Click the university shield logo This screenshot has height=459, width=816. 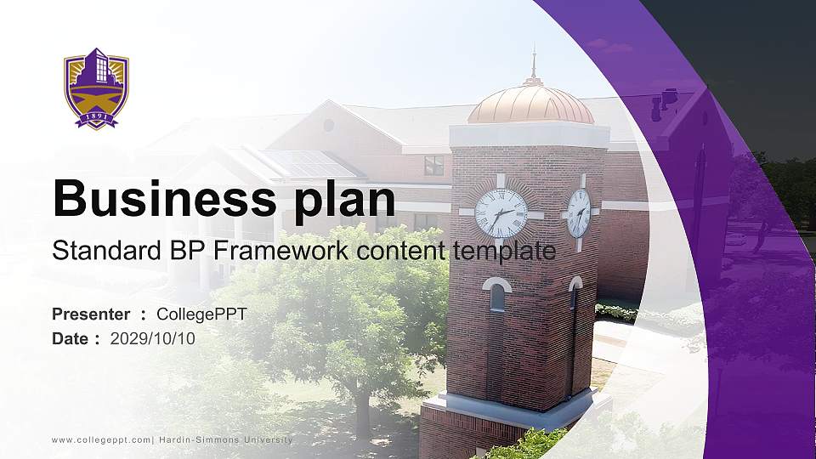coord(96,89)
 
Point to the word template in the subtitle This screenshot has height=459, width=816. coord(504,252)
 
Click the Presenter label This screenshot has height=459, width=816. coord(91,314)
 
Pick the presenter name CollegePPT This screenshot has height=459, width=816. coord(201,314)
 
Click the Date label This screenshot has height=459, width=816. coord(71,338)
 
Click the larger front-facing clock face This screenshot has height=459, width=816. coord(501,213)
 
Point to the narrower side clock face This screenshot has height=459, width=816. coord(579,212)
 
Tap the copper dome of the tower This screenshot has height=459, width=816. coord(530,105)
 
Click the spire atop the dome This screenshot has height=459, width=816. coord(534,64)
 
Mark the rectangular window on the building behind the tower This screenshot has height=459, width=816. coord(433,165)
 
